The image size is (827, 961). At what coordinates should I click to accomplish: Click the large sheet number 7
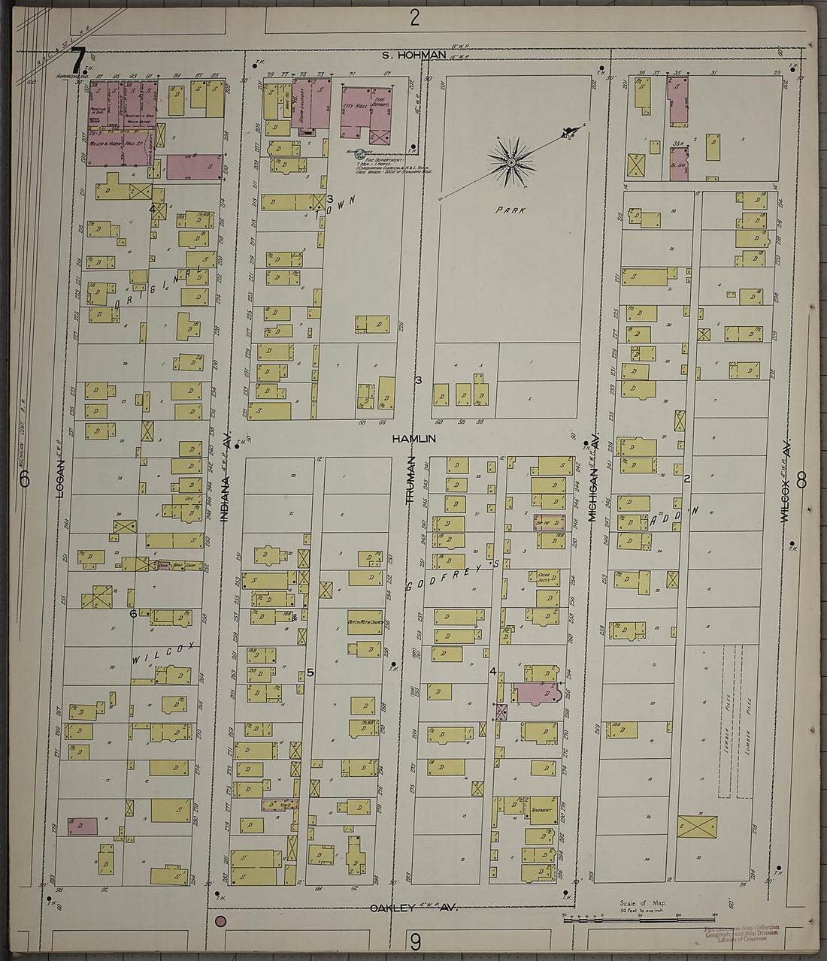78,58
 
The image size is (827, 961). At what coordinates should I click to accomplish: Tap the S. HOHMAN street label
413,56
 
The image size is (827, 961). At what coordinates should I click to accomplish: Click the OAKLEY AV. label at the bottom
413,908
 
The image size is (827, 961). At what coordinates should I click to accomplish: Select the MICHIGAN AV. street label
592,481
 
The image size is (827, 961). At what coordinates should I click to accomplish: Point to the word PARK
510,210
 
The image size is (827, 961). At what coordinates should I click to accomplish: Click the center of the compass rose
511,161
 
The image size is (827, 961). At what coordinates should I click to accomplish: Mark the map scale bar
638,918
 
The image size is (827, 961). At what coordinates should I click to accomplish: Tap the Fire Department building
380,116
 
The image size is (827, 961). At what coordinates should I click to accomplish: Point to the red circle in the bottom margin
221,921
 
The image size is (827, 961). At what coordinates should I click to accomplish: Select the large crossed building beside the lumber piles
697,827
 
